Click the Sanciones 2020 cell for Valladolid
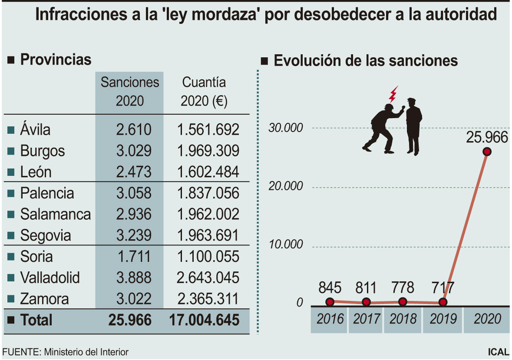click(134, 277)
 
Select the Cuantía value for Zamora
click(208, 299)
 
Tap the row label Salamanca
click(55, 214)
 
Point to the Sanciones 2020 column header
click(130, 92)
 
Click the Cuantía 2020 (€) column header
click(204, 92)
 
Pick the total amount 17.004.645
click(204, 320)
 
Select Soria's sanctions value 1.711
click(134, 256)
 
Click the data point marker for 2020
click(487, 152)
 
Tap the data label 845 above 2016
click(330, 287)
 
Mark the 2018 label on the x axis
click(403, 319)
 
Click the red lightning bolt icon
click(393, 94)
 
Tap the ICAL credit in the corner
click(498, 352)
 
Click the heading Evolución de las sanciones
click(366, 61)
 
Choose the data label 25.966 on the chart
click(487, 138)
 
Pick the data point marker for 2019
click(443, 302)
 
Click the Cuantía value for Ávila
click(208, 130)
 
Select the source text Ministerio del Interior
click(86, 352)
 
